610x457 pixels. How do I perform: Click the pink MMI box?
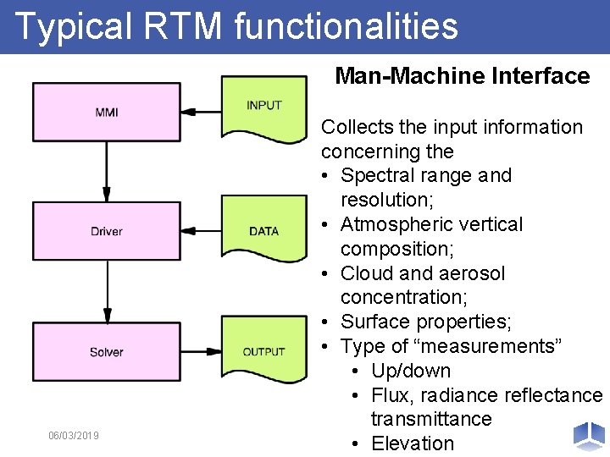coord(107,111)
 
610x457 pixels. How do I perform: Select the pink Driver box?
coord(107,231)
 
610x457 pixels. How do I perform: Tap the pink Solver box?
coord(107,351)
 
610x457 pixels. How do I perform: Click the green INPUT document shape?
coord(264,107)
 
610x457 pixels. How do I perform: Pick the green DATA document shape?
coord(264,229)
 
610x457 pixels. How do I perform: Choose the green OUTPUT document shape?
coord(264,351)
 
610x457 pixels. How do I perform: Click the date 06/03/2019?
coord(74,435)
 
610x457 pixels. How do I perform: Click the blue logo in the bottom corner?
coord(589,435)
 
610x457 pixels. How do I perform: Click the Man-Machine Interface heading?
coord(462,76)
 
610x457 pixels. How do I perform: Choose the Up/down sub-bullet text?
coord(411,371)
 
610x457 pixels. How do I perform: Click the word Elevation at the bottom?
coord(413,443)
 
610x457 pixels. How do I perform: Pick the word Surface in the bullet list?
coord(373,322)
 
